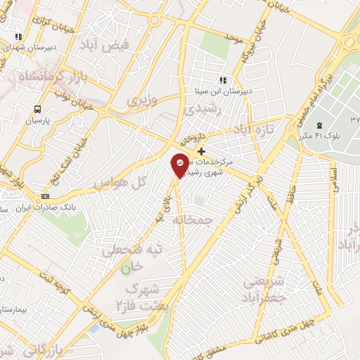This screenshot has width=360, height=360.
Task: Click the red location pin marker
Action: click(179, 165)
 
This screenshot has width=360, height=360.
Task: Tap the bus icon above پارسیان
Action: click(37, 109)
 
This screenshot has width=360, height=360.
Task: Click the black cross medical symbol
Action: click(202, 151)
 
